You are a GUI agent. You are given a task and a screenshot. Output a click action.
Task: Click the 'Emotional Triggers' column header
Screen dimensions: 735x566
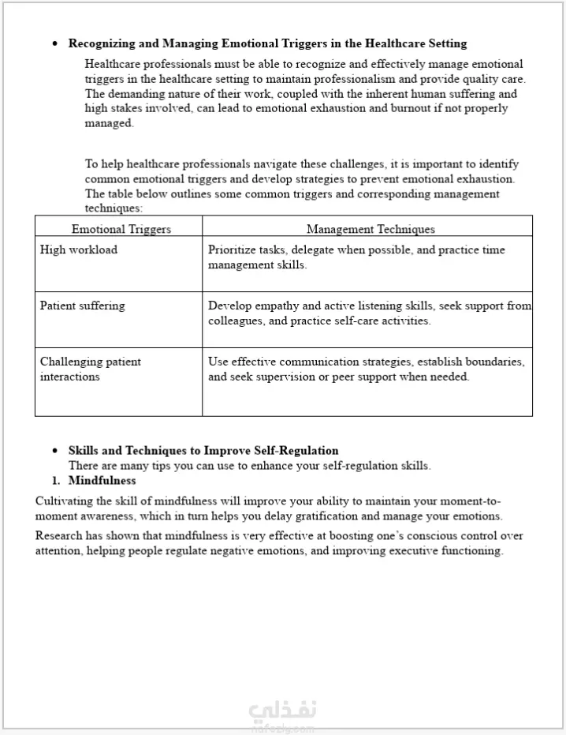click(x=121, y=229)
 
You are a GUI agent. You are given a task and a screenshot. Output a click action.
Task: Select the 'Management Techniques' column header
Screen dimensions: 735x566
click(x=371, y=229)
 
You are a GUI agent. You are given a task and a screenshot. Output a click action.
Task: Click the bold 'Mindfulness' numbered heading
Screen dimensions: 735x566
click(x=102, y=480)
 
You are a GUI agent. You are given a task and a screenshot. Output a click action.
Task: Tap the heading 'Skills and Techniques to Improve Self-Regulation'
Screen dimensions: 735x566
click(x=203, y=451)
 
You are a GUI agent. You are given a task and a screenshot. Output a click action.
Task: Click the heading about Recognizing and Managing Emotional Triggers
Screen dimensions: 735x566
click(x=267, y=43)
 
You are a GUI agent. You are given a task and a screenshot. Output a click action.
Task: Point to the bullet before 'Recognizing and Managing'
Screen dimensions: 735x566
click(x=54, y=44)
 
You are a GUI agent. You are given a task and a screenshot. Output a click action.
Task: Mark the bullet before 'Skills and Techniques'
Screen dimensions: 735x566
click(x=54, y=451)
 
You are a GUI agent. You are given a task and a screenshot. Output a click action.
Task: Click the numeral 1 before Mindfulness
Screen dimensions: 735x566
click(x=56, y=480)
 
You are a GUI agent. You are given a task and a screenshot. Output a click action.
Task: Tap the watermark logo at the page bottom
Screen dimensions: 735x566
click(x=282, y=712)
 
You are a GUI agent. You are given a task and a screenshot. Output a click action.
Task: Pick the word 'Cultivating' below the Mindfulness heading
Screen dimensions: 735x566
click(x=64, y=501)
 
